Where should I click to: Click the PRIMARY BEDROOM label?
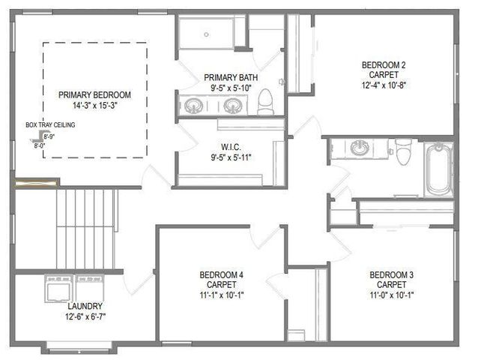click(x=95, y=94)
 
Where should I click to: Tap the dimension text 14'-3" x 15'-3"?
click(x=95, y=106)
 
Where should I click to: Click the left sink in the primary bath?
click(x=194, y=106)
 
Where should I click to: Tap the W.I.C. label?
click(x=229, y=146)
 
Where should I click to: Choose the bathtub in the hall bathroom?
click(x=438, y=169)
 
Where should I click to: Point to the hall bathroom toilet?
click(x=403, y=152)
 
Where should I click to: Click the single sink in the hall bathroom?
click(x=360, y=147)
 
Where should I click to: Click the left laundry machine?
click(x=59, y=288)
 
